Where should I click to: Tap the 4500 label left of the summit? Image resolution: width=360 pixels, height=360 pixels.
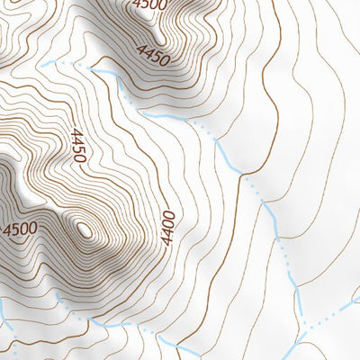click(x=21, y=229)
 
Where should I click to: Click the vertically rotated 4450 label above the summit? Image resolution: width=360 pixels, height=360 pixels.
click(x=77, y=146)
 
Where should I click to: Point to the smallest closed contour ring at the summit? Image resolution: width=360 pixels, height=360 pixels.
click(x=85, y=229)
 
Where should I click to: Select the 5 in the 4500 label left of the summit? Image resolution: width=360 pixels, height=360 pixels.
click(x=16, y=229)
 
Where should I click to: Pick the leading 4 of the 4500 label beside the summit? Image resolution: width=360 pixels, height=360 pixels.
click(x=7, y=229)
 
